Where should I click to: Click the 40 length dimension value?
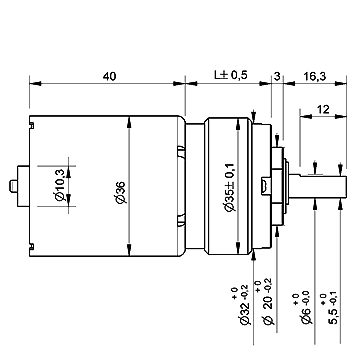coord(109,76)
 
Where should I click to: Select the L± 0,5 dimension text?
coord(231,75)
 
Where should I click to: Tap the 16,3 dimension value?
coord(315,76)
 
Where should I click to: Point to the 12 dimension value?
coord(323,109)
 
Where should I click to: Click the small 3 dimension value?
coord(277,76)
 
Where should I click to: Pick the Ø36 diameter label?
coord(121,192)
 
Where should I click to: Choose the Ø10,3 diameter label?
coord(60,185)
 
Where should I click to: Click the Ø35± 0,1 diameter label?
coord(230,188)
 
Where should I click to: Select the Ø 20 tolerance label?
coord(265,303)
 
